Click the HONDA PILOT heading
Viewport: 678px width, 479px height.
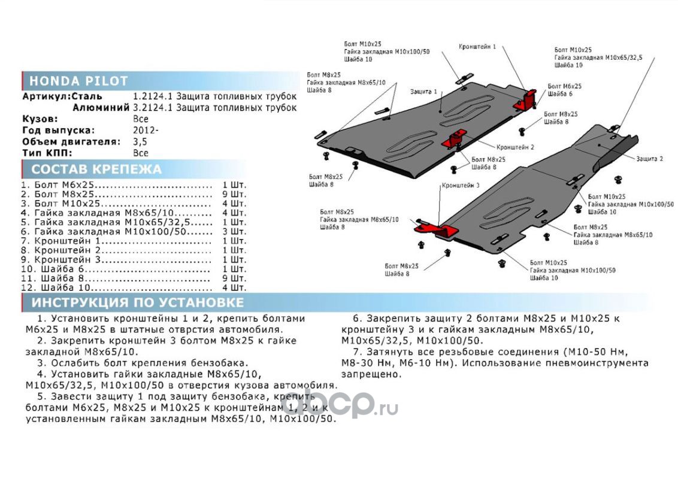pyautogui.click(x=78, y=81)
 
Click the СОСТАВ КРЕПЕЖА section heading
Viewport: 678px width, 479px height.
pyautogui.click(x=96, y=169)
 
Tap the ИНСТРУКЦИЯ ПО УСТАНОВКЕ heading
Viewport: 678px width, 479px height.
pyautogui.click(x=138, y=302)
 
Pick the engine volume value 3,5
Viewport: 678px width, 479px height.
pyautogui.click(x=140, y=142)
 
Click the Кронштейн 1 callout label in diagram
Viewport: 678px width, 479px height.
pyautogui.click(x=477, y=46)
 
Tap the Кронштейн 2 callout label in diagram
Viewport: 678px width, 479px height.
pyautogui.click(x=515, y=147)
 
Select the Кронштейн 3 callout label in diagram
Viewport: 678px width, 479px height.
pyautogui.click(x=460, y=186)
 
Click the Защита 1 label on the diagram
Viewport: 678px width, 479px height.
pyautogui.click(x=423, y=92)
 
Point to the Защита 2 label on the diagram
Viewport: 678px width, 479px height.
pyautogui.click(x=649, y=159)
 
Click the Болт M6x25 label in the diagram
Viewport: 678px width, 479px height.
pyautogui.click(x=564, y=86)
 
